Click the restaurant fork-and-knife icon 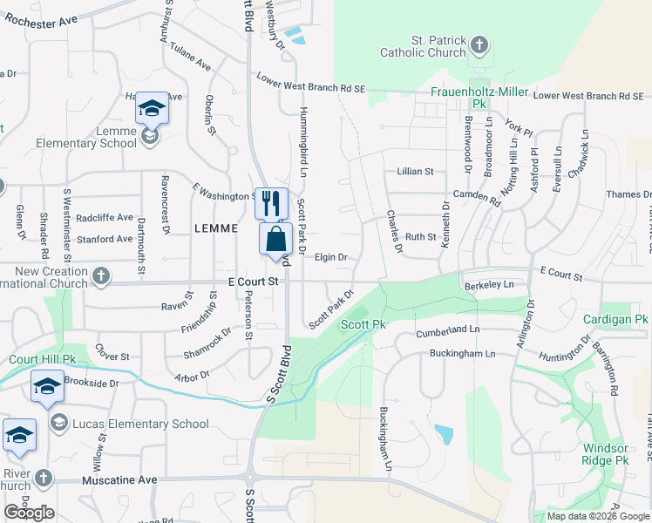(271, 203)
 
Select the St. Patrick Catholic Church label (423, 46)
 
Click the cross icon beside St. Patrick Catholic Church (479, 44)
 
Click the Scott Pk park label (363, 324)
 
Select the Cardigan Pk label (615, 319)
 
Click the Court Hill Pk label (43, 359)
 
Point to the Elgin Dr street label (331, 257)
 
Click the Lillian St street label (415, 172)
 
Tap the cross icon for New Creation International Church (101, 276)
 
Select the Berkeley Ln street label (495, 284)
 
